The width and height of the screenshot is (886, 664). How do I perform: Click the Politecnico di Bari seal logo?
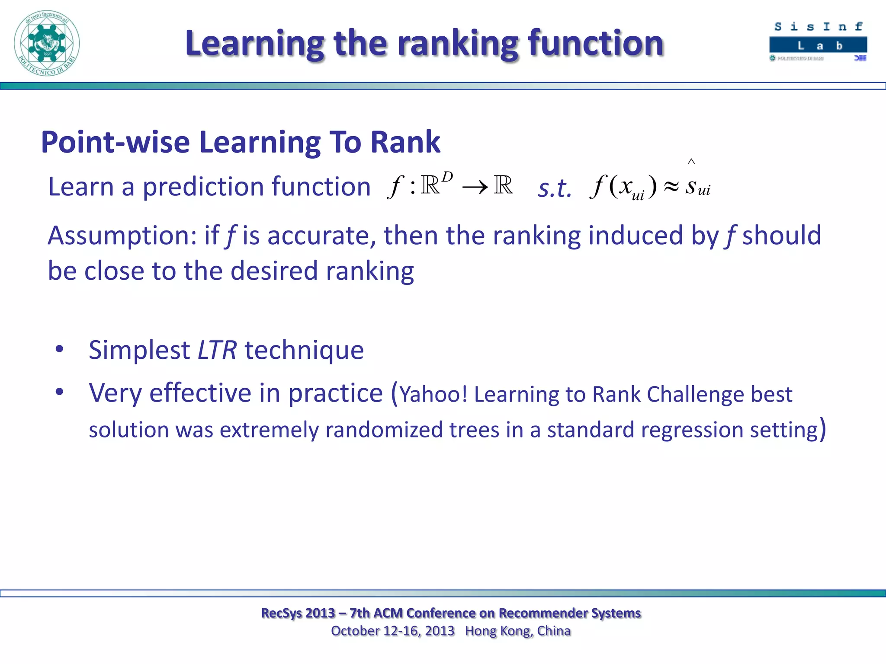coord(47,43)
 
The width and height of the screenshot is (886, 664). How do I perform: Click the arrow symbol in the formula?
coord(475,188)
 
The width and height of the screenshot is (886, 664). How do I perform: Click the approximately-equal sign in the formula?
coord(671,187)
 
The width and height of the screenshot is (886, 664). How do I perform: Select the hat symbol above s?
coord(691,162)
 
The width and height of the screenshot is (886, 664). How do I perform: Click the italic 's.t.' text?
coord(555,189)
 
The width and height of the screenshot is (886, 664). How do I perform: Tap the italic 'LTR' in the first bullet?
coord(217,350)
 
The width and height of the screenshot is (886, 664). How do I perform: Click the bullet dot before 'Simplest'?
coord(60,349)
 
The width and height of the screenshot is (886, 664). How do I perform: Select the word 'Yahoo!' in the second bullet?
coord(433,395)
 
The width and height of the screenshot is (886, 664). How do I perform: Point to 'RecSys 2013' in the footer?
coord(298,613)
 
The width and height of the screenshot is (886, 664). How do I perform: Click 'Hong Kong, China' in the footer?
coord(518,631)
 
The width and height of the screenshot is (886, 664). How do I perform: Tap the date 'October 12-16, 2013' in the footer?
coord(392,631)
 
